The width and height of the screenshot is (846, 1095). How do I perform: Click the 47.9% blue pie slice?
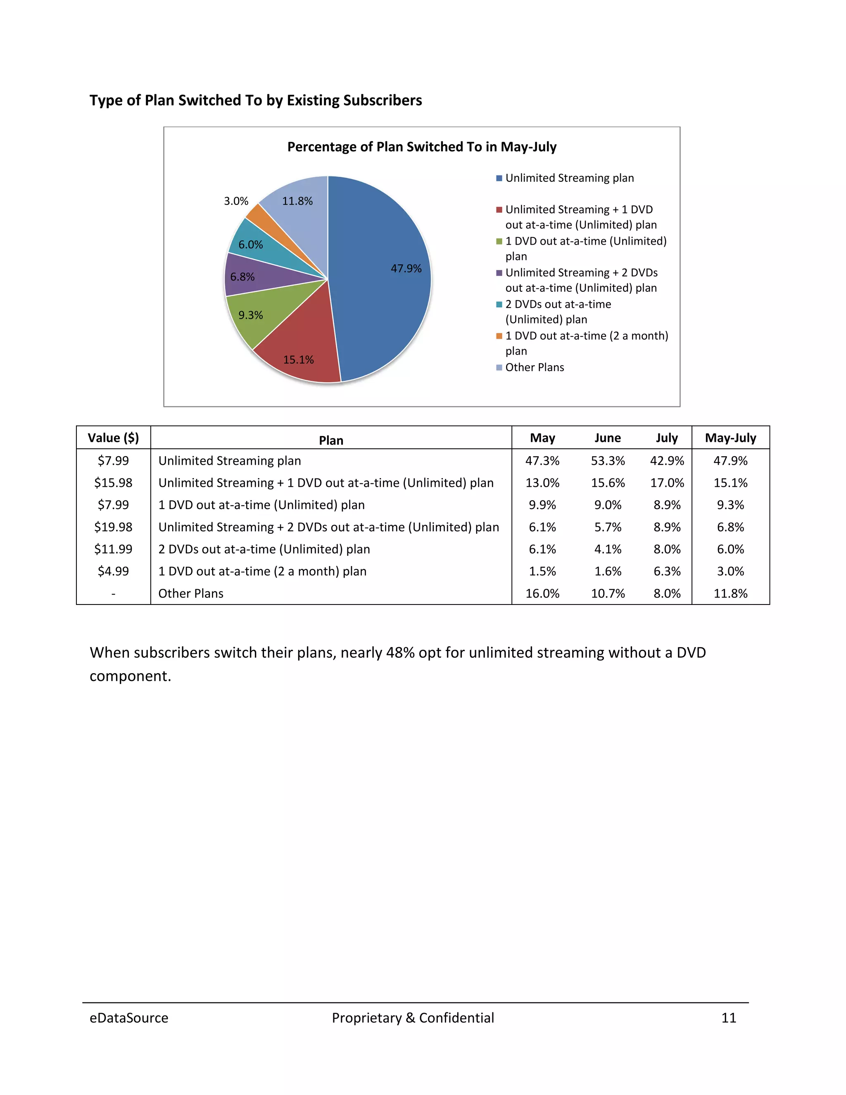[x=381, y=281]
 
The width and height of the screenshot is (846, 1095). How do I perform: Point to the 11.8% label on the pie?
[x=297, y=201]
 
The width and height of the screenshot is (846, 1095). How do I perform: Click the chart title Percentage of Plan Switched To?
[x=421, y=147]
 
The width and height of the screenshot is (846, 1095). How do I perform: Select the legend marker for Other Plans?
[x=499, y=367]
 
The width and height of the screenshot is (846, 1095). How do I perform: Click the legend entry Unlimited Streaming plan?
[x=569, y=178]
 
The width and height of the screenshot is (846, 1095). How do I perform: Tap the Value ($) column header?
[x=113, y=438]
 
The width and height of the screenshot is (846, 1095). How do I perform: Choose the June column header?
[x=607, y=438]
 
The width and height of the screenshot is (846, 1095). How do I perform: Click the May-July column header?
[x=730, y=438]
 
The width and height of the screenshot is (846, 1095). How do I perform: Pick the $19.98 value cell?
[x=113, y=527]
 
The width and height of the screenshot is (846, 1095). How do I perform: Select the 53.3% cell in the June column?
[x=607, y=460]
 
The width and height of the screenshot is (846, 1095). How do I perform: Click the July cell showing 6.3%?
[x=667, y=571]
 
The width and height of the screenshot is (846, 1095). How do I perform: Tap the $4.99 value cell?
[x=113, y=571]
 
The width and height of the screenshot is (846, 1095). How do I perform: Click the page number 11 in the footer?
[x=728, y=1018]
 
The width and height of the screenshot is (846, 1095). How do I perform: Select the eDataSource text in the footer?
[x=129, y=1018]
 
